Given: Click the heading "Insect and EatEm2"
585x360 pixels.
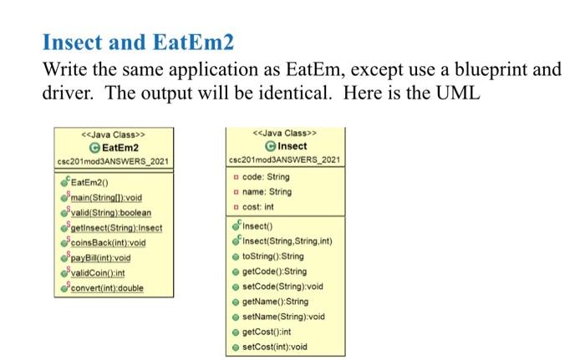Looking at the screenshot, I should point(139,42).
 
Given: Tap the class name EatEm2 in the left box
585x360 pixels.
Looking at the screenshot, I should point(118,148).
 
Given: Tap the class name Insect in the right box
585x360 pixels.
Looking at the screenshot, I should point(289,146).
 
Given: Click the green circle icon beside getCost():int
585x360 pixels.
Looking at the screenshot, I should point(237,332).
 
